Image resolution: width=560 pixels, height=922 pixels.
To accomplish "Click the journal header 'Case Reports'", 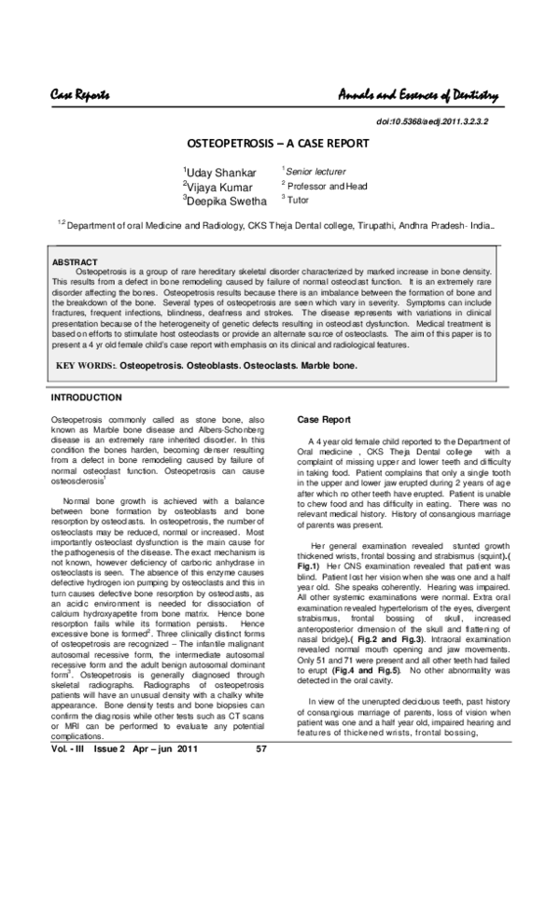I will point(80,95).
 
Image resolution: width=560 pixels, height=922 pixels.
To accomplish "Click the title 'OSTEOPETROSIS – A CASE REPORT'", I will point(279,144).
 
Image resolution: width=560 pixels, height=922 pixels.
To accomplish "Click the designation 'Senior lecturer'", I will point(315,172).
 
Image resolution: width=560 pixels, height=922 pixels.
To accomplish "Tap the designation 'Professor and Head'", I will point(327,186).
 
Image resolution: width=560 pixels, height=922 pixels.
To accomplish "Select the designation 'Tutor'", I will point(298,200).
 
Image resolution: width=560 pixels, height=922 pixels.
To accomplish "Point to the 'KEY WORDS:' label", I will point(89,366).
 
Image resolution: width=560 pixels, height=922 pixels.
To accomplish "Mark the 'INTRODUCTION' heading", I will point(86,398).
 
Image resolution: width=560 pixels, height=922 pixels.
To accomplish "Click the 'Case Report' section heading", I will point(323,420).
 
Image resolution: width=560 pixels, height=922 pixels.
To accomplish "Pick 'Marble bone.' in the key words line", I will point(329,366).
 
